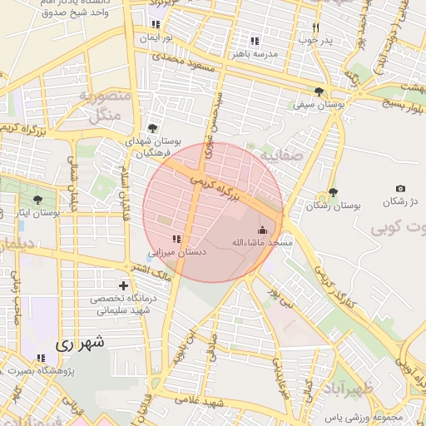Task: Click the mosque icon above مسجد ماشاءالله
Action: (263, 230)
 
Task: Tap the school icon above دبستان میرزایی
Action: (176, 240)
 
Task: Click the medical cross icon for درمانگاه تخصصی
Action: (124, 286)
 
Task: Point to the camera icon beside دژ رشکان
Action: (400, 189)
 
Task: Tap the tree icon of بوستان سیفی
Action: (319, 92)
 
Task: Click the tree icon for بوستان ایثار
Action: (37, 200)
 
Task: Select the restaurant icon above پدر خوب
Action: (315, 27)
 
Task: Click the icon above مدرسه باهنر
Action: (255, 40)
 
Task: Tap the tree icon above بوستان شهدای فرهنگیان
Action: (151, 128)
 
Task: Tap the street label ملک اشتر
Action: (151, 269)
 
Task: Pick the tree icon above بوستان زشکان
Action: (333, 192)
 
